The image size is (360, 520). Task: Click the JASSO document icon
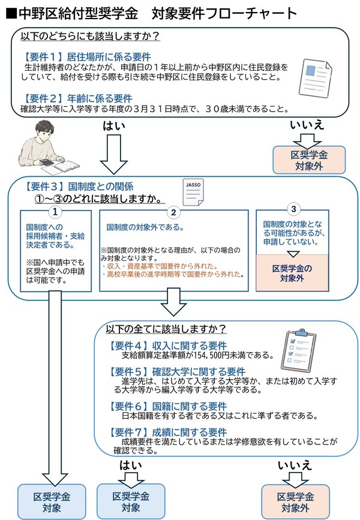tap(193, 192)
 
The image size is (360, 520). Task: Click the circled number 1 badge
tap(55, 212)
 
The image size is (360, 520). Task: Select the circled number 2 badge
tap(173, 212)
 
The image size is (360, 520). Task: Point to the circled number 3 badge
tap(293, 209)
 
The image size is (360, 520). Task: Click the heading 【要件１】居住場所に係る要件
tap(86, 56)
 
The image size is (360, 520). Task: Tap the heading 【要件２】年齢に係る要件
tap(77, 98)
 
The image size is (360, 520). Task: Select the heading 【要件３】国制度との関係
tap(79, 187)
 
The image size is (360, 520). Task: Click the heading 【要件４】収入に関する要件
tap(167, 345)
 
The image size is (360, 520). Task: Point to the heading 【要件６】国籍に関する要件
tap(167, 406)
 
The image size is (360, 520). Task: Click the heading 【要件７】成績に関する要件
tap(167, 432)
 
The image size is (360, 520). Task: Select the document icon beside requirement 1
tap(315, 77)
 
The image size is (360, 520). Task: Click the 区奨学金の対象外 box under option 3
tap(292, 273)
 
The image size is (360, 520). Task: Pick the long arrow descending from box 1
tap(55, 388)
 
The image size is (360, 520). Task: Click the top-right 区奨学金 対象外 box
tap(309, 160)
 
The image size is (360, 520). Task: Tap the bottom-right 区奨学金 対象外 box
tap(295, 502)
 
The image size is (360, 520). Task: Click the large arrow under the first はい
tap(114, 155)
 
